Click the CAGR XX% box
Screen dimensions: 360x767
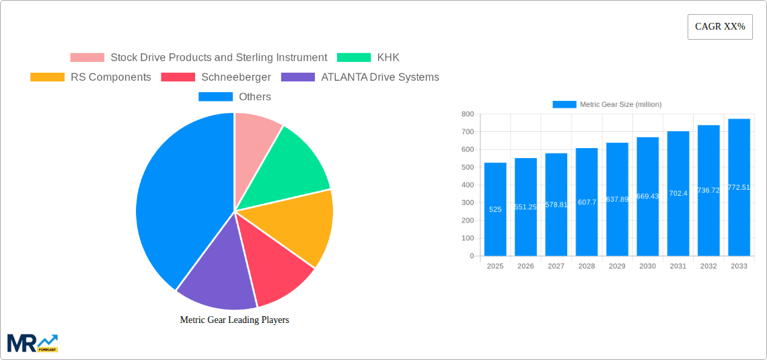click(719, 27)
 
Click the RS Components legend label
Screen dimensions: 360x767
click(110, 77)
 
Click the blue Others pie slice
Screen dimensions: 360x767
click(175, 202)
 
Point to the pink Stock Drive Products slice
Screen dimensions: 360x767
click(256, 135)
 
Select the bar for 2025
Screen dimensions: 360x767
click(495, 209)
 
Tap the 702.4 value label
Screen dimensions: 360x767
click(678, 193)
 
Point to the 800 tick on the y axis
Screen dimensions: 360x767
click(467, 114)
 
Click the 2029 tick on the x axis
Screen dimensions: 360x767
click(617, 266)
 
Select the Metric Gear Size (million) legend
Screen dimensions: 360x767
click(606, 104)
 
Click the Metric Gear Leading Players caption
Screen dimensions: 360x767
click(234, 320)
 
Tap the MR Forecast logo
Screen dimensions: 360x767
click(32, 343)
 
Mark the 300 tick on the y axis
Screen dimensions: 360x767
click(467, 203)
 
